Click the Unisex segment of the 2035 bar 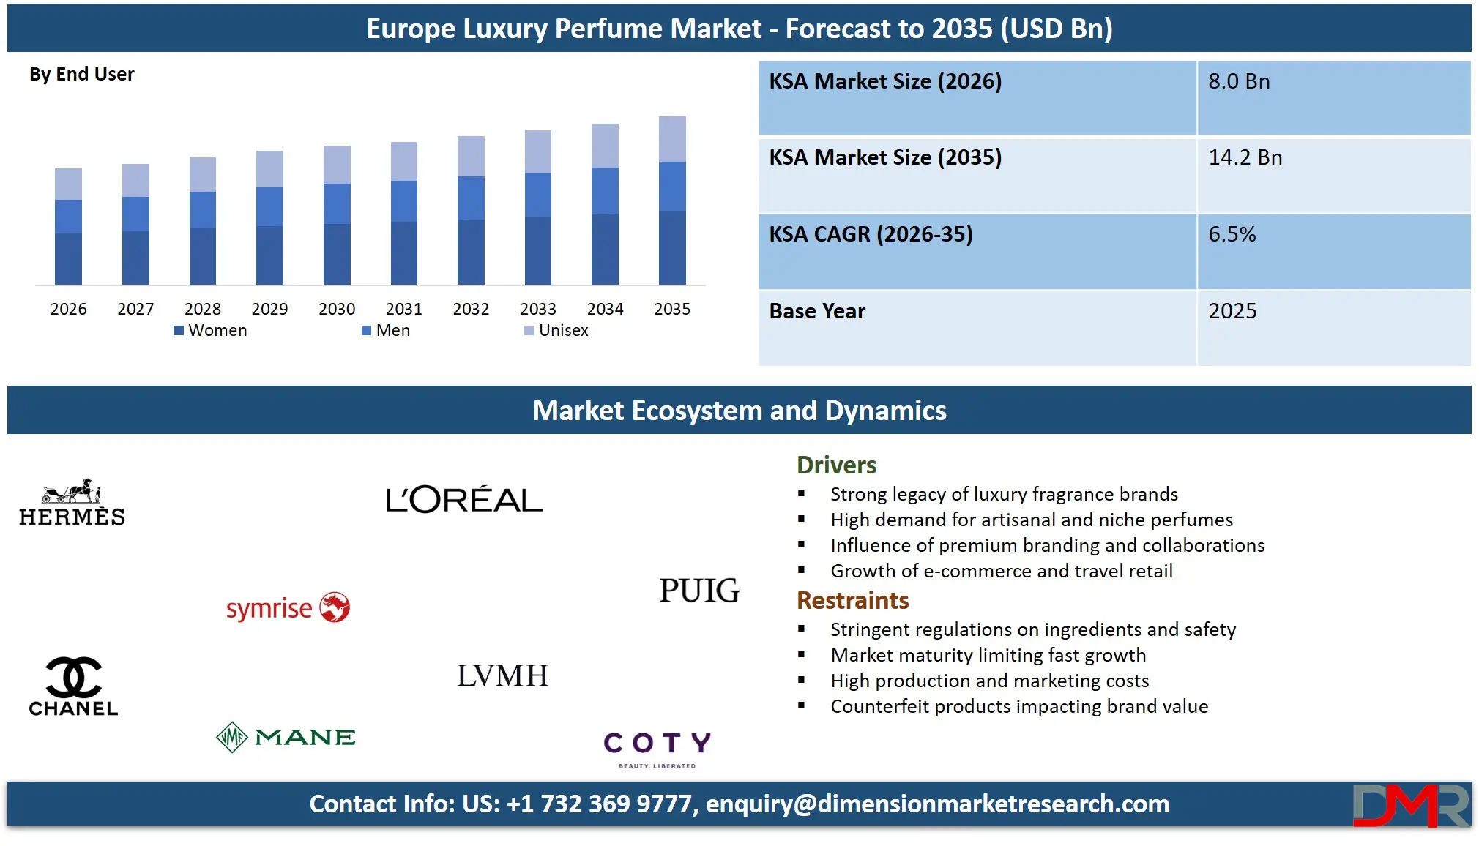[672, 139]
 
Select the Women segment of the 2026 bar [68, 258]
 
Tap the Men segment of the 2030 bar [337, 203]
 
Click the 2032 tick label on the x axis [471, 309]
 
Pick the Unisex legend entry [556, 331]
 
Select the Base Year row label [817, 312]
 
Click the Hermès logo [72, 503]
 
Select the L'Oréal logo [464, 500]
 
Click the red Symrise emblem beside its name [335, 607]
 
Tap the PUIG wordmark [699, 591]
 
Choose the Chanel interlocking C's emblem [73, 677]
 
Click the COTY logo [657, 746]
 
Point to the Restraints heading [852, 601]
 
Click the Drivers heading [836, 465]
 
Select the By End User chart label [82, 75]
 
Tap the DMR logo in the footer [1410, 806]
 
